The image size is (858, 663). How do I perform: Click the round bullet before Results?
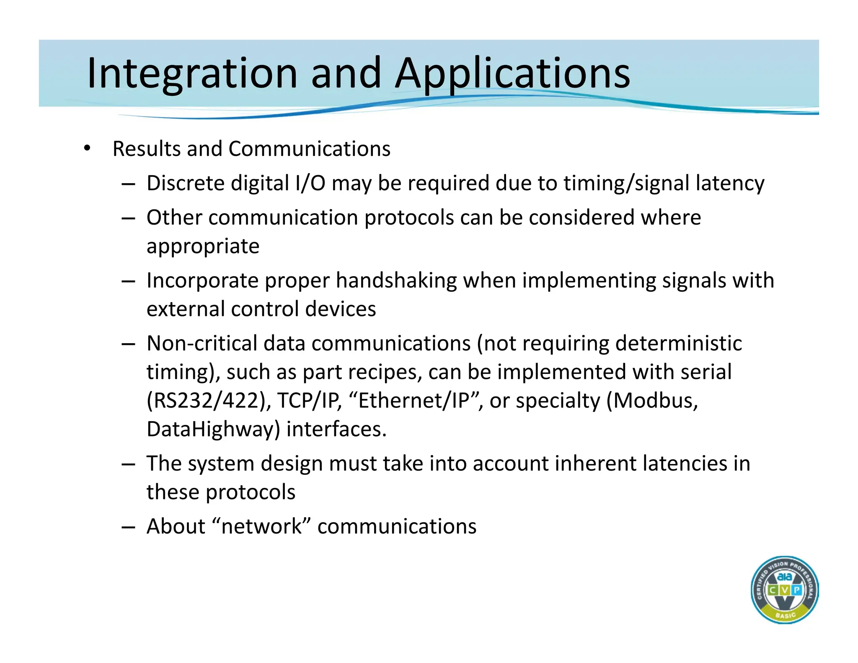pyautogui.click(x=87, y=148)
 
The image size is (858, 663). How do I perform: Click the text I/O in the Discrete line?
pyautogui.click(x=310, y=183)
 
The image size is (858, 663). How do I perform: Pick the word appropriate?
pyautogui.click(x=203, y=246)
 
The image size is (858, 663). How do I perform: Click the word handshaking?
pyautogui.click(x=396, y=280)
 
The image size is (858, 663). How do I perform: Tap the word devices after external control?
pyautogui.click(x=340, y=309)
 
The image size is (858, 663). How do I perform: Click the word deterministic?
pyautogui.click(x=678, y=343)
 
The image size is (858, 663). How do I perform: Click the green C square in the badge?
pyautogui.click(x=772, y=590)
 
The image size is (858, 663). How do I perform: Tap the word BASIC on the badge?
pyautogui.click(x=785, y=615)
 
